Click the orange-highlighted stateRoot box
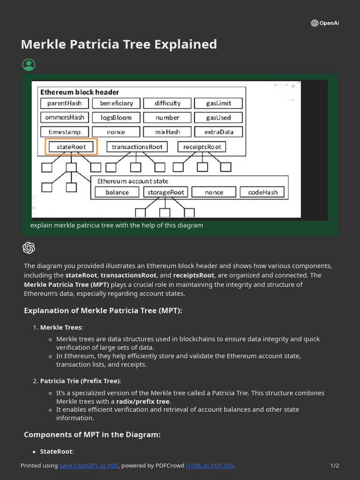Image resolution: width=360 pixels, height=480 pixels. coord(71,147)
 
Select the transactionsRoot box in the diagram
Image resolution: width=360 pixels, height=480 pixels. coord(137,147)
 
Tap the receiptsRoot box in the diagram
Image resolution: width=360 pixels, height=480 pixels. coord(202,147)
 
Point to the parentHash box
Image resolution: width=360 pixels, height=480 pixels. coord(64,103)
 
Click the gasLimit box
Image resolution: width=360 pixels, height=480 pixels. coord(218,103)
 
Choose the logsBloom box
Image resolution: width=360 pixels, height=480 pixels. coord(116,117)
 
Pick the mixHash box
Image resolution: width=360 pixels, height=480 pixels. coord(167,132)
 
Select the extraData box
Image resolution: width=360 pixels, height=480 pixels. coord(218,132)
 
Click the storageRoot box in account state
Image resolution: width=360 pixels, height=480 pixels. coord(166,192)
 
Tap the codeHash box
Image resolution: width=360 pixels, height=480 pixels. coord(262,192)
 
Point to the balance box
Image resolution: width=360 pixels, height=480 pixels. coord(117,192)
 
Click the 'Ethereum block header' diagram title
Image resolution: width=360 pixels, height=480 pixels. coord(80,92)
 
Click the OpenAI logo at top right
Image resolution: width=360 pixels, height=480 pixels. coord(324,23)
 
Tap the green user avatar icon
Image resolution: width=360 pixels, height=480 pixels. coord(29,65)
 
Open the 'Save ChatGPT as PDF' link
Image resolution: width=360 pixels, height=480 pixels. coord(89,465)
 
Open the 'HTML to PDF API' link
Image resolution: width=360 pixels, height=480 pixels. coord(209,465)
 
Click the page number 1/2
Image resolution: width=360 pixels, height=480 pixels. coord(335,465)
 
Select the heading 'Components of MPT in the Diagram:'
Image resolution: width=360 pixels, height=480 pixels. coord(92,435)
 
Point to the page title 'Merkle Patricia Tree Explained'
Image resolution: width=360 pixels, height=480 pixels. coord(119,44)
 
